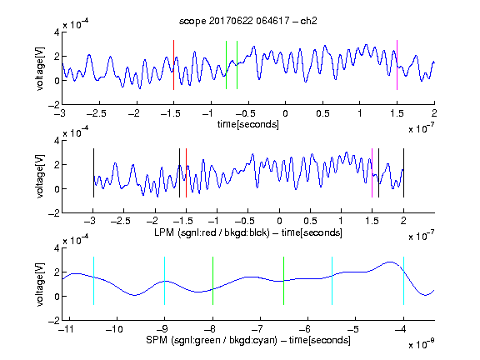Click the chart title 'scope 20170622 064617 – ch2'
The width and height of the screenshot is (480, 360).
pyautogui.click(x=248, y=21)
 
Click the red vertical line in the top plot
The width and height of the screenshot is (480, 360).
pyautogui.click(x=173, y=65)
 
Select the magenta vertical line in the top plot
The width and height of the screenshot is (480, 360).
pyautogui.click(x=397, y=65)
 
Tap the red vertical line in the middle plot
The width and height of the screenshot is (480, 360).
pyautogui.click(x=186, y=173)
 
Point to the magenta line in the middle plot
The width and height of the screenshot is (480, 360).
pyautogui.click(x=372, y=173)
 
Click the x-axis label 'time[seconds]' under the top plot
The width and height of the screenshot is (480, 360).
pyautogui.click(x=248, y=124)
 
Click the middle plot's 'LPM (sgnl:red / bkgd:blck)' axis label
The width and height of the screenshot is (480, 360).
pyautogui.click(x=212, y=232)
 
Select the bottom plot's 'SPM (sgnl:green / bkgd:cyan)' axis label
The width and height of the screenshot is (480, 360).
pyautogui.click(x=212, y=340)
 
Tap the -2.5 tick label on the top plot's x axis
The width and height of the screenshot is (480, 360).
pyautogui.click(x=96, y=113)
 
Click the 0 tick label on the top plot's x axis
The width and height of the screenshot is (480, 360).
pyautogui.click(x=285, y=113)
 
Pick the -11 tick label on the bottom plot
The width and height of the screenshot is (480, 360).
pyautogui.click(x=67, y=329)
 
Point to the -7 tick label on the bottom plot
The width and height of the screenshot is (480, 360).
pyautogui.click(x=257, y=329)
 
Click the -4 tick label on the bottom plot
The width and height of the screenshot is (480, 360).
pyautogui.click(x=401, y=329)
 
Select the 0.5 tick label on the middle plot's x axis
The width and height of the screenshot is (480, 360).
pyautogui.click(x=310, y=221)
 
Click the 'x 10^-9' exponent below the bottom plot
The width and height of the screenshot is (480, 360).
pyautogui.click(x=421, y=344)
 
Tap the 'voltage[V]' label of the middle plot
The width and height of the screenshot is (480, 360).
pyautogui.click(x=40, y=177)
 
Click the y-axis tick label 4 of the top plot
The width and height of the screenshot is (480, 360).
pyautogui.click(x=57, y=32)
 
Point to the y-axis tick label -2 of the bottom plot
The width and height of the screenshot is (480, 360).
pyautogui.click(x=54, y=321)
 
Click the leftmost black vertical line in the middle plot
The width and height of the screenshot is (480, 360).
pyautogui.click(x=93, y=173)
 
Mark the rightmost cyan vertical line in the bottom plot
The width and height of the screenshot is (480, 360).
pyautogui.click(x=403, y=281)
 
